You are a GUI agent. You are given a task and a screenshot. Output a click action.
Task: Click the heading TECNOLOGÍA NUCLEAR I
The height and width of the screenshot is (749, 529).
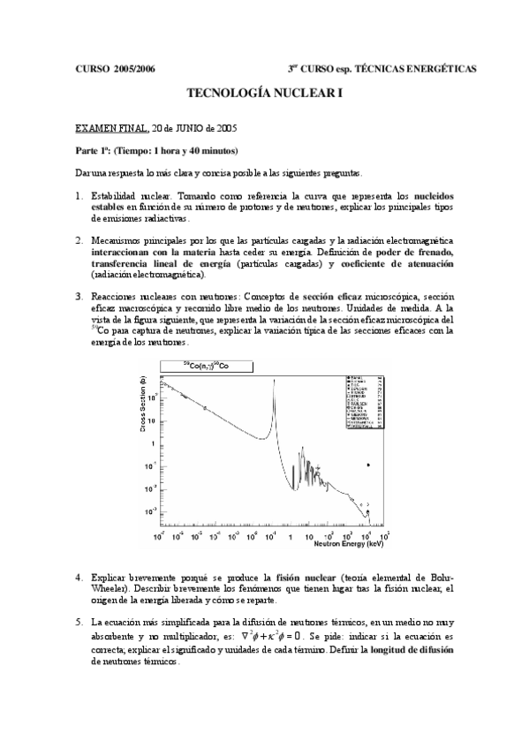pyautogui.click(x=264, y=94)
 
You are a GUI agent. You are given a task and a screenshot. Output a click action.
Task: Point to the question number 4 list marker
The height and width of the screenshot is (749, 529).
pyautogui.click(x=79, y=577)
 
